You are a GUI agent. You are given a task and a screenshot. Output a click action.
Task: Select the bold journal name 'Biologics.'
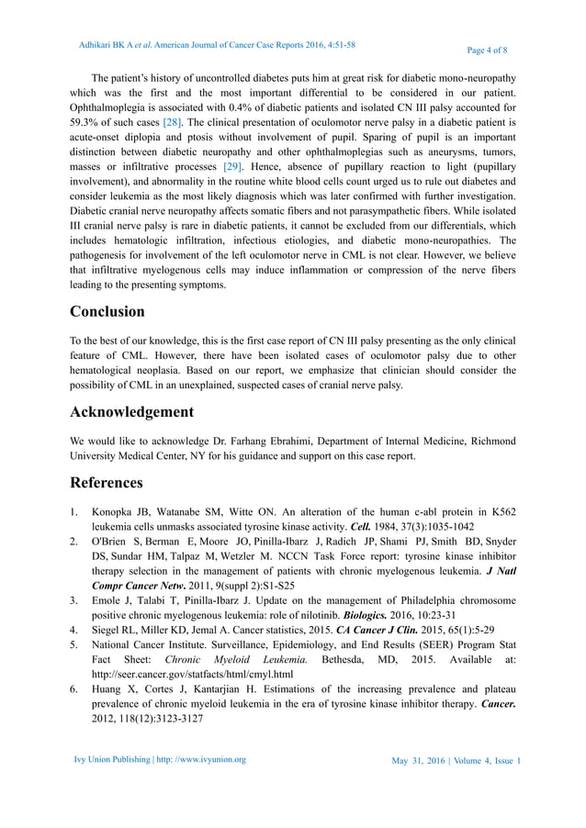click(367, 615)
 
